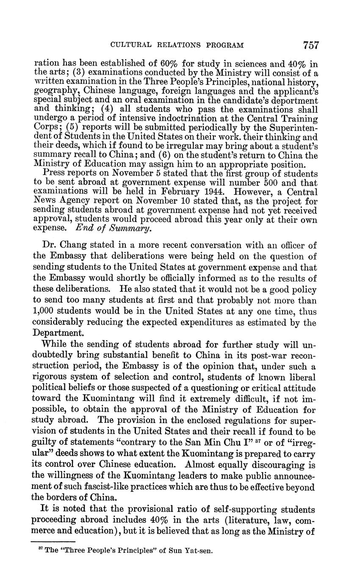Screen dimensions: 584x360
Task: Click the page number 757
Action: (310, 45)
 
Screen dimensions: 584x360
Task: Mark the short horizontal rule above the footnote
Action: (53, 541)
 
